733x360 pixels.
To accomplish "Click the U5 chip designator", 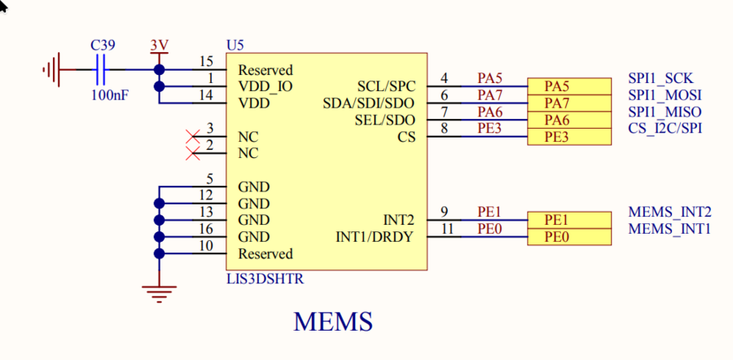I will click(234, 44).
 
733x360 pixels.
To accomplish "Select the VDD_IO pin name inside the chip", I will click(266, 86).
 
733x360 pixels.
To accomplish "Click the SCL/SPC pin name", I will click(386, 86).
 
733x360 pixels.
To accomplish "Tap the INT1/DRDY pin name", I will click(375, 237).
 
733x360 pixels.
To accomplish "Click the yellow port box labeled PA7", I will click(568, 103).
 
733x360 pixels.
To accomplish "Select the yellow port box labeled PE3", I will click(568, 138).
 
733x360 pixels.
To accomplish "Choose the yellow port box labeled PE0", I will click(568, 237).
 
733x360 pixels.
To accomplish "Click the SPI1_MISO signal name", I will click(665, 112).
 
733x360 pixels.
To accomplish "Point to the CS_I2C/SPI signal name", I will click(665, 128).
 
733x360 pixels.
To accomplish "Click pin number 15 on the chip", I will click(206, 62).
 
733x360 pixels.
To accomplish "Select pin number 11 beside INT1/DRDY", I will click(445, 230).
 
